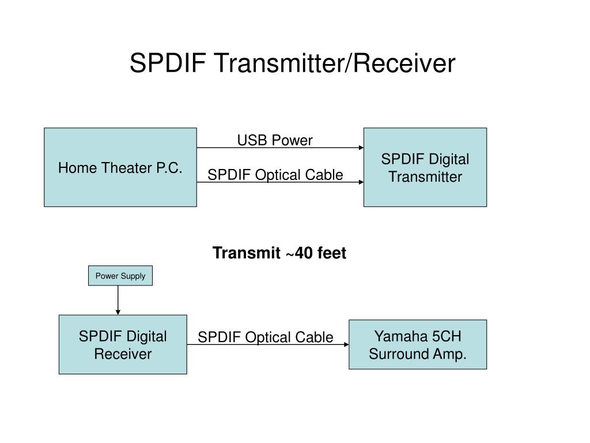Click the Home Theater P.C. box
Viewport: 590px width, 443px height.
[120, 167]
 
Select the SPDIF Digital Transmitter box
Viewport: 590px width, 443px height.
[425, 167]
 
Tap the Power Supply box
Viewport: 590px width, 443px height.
[120, 276]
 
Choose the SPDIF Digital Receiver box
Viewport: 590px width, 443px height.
[123, 344]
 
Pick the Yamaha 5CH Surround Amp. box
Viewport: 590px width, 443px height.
[418, 344]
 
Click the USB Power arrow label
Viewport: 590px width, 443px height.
[275, 140]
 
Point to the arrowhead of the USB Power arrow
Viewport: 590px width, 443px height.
[361, 148]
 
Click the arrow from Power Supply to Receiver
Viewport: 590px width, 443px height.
[118, 300]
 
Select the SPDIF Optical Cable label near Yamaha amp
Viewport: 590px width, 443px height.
[266, 337]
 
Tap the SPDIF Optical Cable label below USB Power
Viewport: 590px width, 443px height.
[275, 175]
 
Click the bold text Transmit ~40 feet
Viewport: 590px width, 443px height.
[279, 253]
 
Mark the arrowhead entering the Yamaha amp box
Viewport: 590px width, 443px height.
[346, 344]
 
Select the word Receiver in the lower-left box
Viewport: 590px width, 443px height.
[123, 354]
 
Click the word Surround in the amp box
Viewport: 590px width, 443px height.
[398, 354]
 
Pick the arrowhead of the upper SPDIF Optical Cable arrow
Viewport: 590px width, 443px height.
[361, 182]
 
